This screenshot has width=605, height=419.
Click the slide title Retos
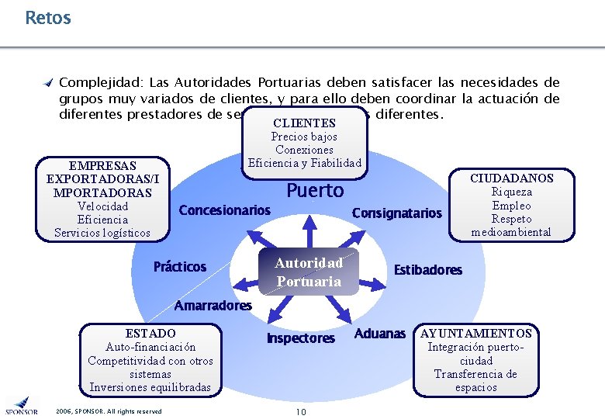(47, 17)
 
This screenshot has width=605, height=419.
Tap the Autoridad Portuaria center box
(309, 272)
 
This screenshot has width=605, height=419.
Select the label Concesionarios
(225, 210)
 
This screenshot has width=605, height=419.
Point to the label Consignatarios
(396, 213)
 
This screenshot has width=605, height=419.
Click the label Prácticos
(180, 267)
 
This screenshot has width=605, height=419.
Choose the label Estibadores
(427, 270)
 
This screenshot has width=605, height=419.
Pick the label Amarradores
(213, 306)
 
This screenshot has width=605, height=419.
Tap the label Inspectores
(301, 338)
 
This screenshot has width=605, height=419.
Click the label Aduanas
(380, 334)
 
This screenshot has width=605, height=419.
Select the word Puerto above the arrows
(315, 191)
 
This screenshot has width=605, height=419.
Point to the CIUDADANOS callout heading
(512, 178)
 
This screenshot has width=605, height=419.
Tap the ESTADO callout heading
(150, 334)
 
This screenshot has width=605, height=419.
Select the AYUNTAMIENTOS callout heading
(476, 334)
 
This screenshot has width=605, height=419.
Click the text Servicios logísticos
(102, 233)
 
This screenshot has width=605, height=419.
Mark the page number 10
(300, 410)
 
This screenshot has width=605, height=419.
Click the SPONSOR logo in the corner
(21, 405)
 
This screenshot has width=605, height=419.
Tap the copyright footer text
(109, 410)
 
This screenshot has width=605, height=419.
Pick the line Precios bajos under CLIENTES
(304, 137)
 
